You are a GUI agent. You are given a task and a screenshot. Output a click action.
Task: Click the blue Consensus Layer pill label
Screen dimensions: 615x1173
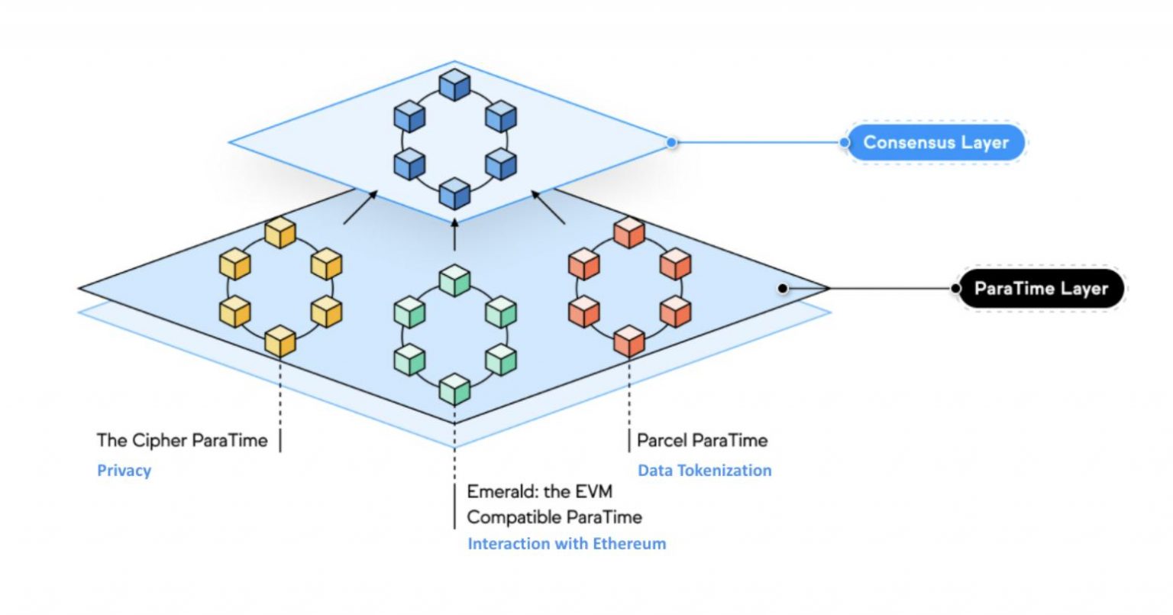pos(935,143)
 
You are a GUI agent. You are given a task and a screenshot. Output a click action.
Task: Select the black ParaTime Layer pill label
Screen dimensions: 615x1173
pos(1041,289)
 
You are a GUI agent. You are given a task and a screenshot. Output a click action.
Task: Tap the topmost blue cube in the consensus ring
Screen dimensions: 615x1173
pos(454,85)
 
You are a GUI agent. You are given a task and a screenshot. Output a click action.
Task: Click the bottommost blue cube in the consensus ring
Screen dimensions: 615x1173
pos(454,193)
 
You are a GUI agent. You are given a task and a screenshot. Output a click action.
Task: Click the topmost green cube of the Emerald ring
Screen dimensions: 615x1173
pos(454,280)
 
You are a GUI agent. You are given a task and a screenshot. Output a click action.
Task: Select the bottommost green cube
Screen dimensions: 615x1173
pos(454,389)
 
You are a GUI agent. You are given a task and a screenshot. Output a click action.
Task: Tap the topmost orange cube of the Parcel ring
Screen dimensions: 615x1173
pos(629,232)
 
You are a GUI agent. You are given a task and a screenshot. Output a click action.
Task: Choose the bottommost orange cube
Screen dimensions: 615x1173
pos(629,341)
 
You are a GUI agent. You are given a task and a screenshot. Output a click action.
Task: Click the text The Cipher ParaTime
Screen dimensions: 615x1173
pos(182,441)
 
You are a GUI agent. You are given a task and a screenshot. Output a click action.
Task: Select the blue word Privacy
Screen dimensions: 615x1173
pos(124,471)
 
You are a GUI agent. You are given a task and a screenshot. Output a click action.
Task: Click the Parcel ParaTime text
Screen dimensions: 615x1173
pos(702,441)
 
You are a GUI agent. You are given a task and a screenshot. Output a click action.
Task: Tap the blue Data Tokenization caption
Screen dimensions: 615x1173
pos(704,471)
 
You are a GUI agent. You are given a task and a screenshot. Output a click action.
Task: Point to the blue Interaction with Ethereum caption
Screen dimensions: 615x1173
pos(567,544)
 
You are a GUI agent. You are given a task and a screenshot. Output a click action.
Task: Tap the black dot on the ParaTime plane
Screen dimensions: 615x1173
pos(782,289)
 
